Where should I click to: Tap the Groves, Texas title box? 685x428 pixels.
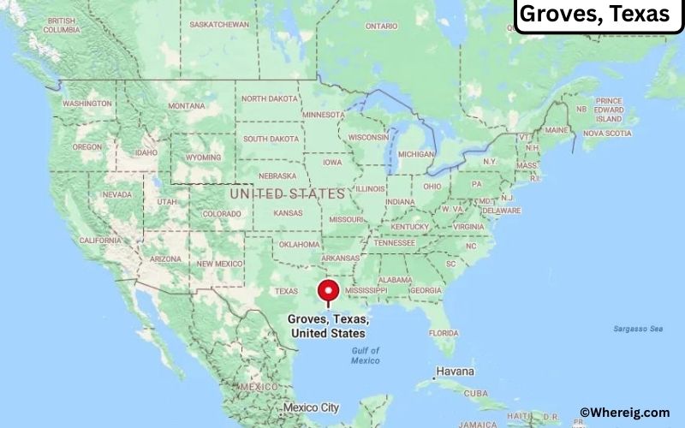pyautogui.click(x=595, y=15)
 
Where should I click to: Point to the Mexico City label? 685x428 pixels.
pyautogui.click(x=313, y=407)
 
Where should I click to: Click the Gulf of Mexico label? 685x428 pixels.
pyautogui.click(x=366, y=355)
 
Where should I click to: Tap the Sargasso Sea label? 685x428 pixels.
pyautogui.click(x=638, y=329)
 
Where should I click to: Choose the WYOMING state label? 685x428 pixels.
pyautogui.click(x=203, y=158)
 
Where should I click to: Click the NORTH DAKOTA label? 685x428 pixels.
pyautogui.click(x=270, y=98)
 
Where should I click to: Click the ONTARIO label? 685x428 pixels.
pyautogui.click(x=381, y=27)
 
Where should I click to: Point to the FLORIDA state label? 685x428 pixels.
pyautogui.click(x=444, y=332)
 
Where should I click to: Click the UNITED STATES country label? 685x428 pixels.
pyautogui.click(x=287, y=194)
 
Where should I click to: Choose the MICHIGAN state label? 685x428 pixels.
pyautogui.click(x=416, y=154)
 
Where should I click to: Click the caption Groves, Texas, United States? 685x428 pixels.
pyautogui.click(x=328, y=326)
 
